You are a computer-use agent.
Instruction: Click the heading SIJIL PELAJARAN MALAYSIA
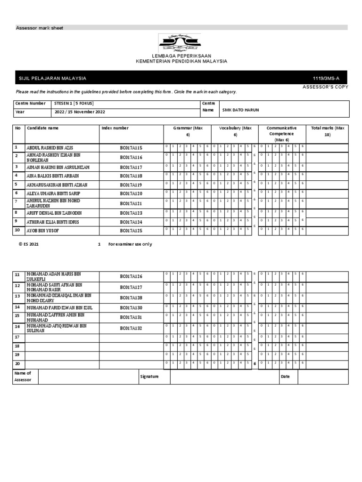(52, 78)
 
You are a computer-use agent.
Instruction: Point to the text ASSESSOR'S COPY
(325, 87)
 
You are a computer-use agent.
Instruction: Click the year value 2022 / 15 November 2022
(80, 112)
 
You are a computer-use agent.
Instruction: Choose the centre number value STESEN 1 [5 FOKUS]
(74, 103)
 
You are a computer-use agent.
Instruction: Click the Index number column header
(115, 128)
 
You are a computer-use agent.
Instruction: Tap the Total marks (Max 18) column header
(328, 131)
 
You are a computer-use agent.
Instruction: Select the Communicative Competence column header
(281, 134)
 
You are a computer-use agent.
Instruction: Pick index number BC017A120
(131, 193)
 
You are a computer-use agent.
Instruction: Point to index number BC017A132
(131, 328)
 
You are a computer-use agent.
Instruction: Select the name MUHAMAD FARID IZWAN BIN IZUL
(58, 307)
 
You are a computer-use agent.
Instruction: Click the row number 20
(17, 363)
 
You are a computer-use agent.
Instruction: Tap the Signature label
(149, 377)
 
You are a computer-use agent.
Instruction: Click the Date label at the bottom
(285, 377)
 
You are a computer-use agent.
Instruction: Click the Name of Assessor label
(23, 376)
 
